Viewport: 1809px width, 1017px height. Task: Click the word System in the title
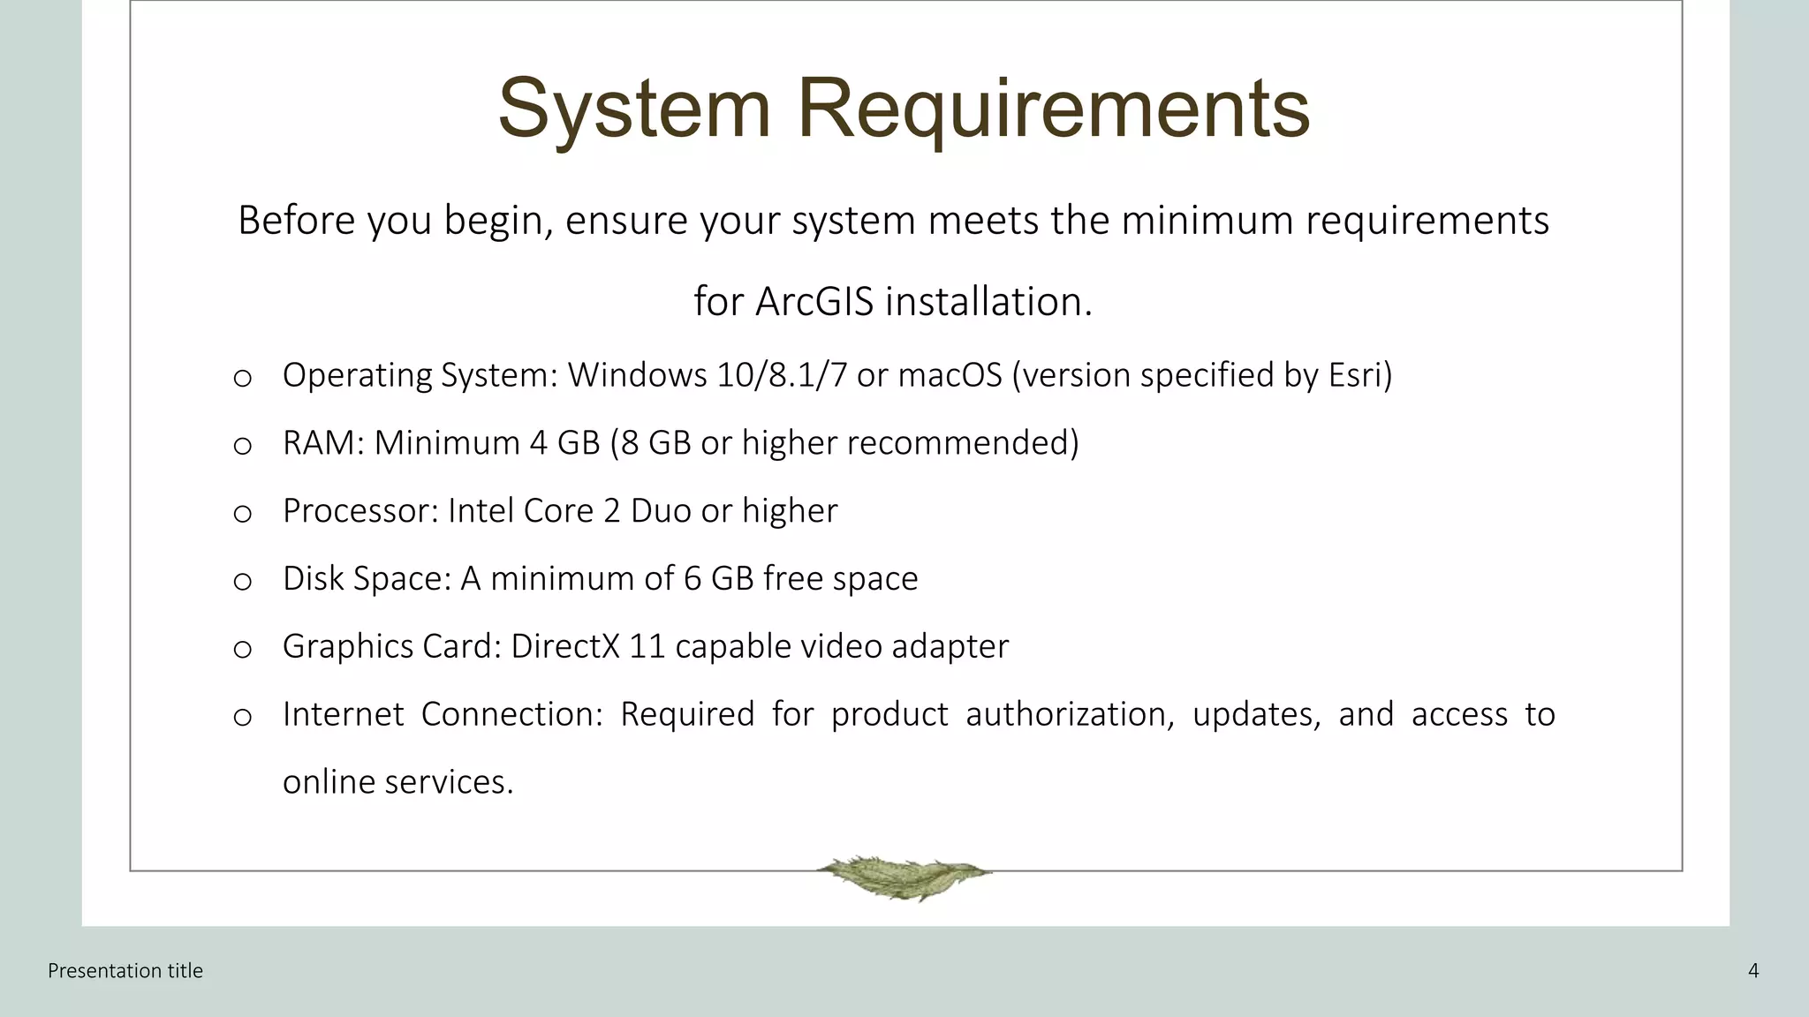[x=634, y=109]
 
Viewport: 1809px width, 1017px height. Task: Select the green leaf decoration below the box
[x=903, y=876]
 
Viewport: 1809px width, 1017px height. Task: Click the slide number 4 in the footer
[x=1753, y=971]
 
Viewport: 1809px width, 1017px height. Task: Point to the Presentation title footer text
[x=125, y=971]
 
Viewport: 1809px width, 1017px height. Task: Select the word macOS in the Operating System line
[x=950, y=375]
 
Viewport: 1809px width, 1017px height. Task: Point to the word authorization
[x=1065, y=714]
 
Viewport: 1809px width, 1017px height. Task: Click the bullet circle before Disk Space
[x=243, y=581]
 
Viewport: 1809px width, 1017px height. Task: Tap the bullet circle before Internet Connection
[x=243, y=717]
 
